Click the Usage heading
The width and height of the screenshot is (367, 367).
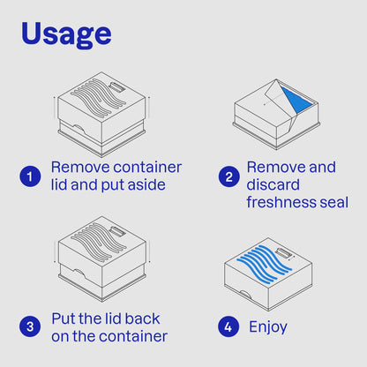tap(66, 34)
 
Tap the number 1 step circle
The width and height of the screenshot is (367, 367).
tap(30, 176)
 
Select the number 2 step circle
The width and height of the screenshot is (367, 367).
tap(229, 176)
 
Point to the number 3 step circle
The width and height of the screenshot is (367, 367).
tap(30, 326)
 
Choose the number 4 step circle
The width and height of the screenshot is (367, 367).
tap(228, 326)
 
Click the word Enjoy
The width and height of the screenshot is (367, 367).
tap(268, 327)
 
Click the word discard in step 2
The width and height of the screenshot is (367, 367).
tap(273, 184)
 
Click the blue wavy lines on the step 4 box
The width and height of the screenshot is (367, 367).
tap(265, 264)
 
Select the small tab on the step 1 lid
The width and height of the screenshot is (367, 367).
tap(117, 88)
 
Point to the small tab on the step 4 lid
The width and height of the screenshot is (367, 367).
tap(283, 254)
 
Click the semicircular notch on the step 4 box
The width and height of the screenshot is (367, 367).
tap(245, 294)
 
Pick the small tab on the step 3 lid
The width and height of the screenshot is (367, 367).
tap(117, 232)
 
